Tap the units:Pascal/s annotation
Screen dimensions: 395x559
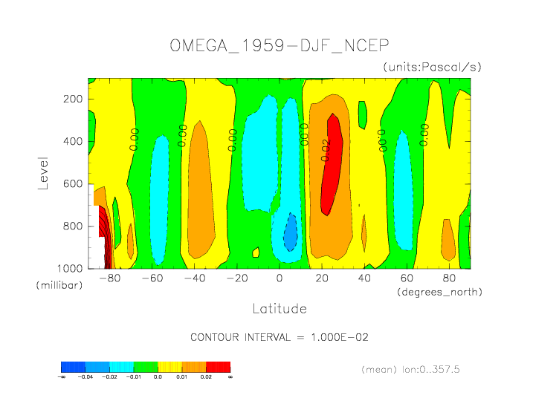click(x=433, y=67)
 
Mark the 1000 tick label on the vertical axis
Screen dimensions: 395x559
click(x=71, y=268)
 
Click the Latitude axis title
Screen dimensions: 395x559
click(x=279, y=307)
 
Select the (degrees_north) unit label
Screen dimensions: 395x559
click(x=439, y=292)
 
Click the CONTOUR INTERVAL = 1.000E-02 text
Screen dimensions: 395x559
click(x=279, y=337)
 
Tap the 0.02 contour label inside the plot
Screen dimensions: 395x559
click(x=325, y=147)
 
